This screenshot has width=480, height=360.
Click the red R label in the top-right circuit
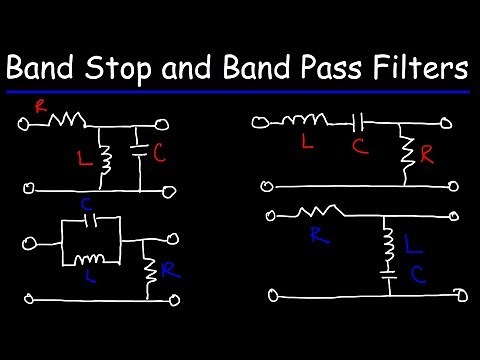427,156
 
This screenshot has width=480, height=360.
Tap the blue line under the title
240,92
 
